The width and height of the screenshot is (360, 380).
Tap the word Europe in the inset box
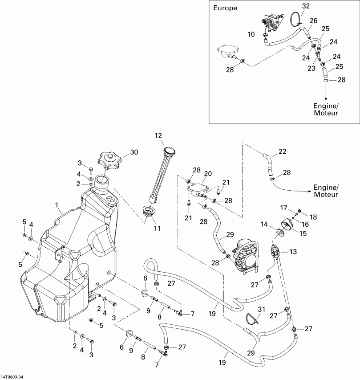tap(225, 8)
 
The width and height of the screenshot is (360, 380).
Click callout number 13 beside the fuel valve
tap(293, 252)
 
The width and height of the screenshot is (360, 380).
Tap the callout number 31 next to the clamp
tap(261, 310)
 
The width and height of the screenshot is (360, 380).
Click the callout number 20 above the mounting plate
tap(208, 173)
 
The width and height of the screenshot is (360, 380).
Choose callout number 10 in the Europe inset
tap(251, 34)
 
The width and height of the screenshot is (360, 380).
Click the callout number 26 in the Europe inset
tap(313, 20)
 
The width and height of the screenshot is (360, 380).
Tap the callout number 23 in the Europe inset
tap(311, 68)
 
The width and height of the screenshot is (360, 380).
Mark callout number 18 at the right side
tap(314, 217)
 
